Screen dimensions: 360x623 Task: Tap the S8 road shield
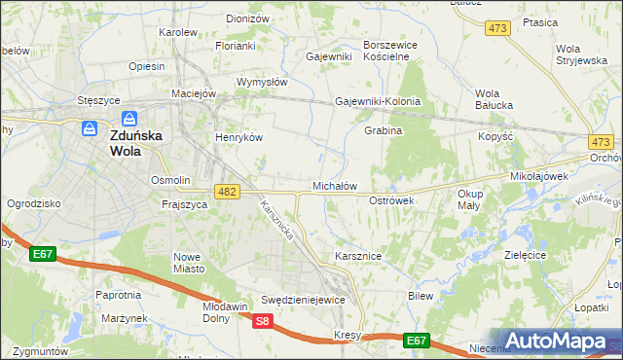(263, 321)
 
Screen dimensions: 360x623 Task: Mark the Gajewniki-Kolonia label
(377, 101)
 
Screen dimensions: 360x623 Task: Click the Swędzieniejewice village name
(304, 300)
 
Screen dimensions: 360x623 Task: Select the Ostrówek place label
(392, 199)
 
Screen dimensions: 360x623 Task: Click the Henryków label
(239, 137)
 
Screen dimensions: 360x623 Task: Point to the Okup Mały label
(470, 199)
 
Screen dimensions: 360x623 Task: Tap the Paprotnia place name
(118, 294)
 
